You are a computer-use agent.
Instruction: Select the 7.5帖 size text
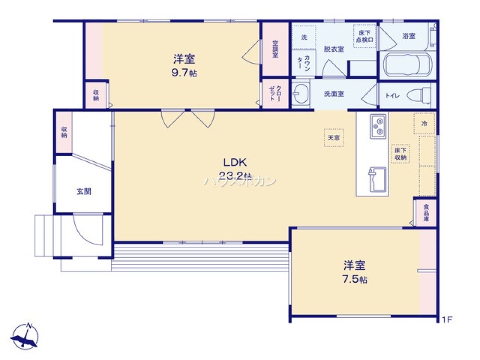tap(355, 279)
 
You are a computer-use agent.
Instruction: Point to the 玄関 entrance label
tap(84, 191)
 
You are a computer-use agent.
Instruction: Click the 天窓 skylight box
tap(334, 137)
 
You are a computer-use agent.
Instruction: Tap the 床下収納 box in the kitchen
tap(401, 154)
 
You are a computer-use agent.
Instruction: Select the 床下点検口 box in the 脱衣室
tap(365, 36)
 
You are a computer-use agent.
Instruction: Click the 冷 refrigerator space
tap(424, 123)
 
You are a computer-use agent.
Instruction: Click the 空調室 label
tap(276, 48)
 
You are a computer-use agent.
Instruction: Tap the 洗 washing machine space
tap(304, 37)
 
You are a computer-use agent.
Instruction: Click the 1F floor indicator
tap(447, 319)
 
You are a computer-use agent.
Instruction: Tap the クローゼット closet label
tap(276, 94)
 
